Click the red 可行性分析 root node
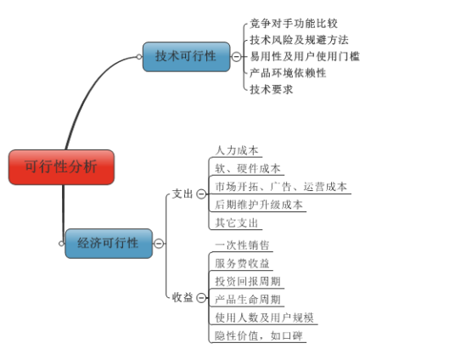coord(61,166)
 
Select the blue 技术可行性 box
coord(186,56)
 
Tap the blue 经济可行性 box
coord(108,243)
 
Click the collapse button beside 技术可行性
coord(235,57)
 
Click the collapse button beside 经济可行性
coord(158,244)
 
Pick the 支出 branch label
coord(183,194)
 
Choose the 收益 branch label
coord(183,297)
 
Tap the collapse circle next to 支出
coord(201,194)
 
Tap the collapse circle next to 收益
coord(201,297)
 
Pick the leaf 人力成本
coord(237,150)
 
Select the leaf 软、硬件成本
coord(248,168)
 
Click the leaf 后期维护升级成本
coord(259,205)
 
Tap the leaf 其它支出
coord(237,222)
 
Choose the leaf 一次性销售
coord(242,245)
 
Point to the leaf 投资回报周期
coord(248,281)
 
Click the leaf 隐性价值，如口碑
coord(260,335)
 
